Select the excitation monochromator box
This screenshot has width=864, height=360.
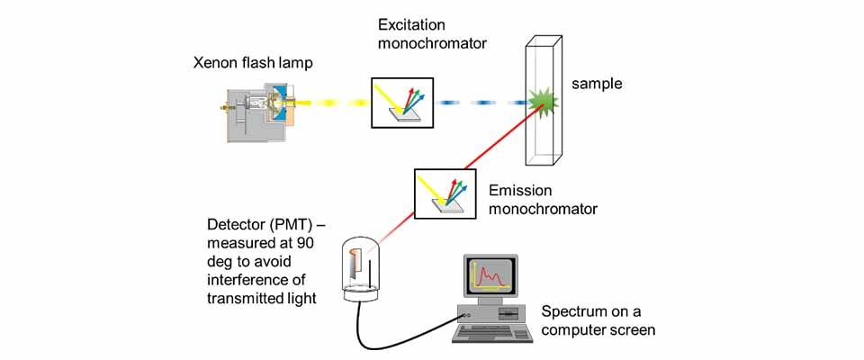pyautogui.click(x=402, y=102)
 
